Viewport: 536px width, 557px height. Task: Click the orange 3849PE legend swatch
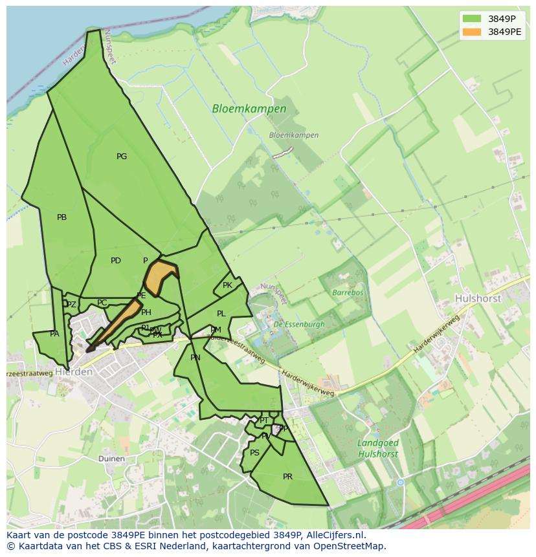472,32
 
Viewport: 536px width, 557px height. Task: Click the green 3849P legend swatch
472,18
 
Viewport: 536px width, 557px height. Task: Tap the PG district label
122,157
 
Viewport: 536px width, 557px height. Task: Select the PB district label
61,217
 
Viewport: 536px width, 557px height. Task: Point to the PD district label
116,261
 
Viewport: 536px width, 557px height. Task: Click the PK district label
227,285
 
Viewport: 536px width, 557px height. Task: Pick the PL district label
221,314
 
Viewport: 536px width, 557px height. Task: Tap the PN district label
195,358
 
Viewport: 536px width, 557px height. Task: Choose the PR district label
287,477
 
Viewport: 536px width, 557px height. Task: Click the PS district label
254,453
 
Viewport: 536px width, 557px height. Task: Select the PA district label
54,334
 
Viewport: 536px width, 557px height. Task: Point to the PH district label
146,313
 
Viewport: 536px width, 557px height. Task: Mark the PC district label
102,303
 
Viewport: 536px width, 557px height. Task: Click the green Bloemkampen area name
249,109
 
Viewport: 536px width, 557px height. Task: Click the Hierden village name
74,373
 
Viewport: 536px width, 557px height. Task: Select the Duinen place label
111,459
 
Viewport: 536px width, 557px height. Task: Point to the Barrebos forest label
348,292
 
